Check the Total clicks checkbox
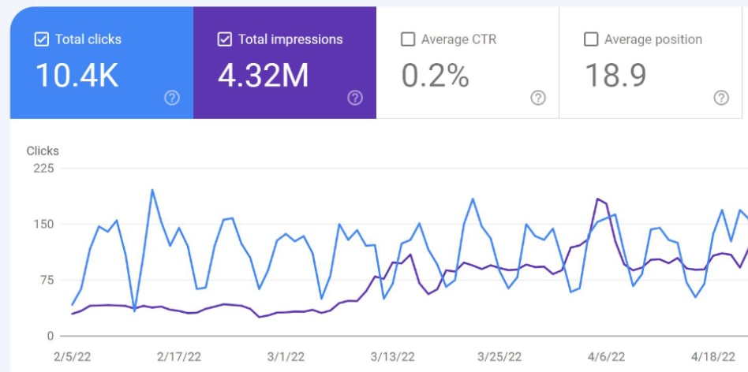[42, 39]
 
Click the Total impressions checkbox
[225, 39]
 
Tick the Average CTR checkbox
[408, 39]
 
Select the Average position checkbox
[591, 39]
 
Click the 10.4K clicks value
[77, 75]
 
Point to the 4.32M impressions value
[263, 75]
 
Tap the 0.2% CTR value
[435, 75]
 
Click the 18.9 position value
[615, 75]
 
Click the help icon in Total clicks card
[172, 98]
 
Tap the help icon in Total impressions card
[355, 98]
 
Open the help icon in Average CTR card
[538, 98]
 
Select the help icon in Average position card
[721, 98]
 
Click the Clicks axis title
[43, 151]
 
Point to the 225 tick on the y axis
[43, 168]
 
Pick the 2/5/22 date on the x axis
[72, 356]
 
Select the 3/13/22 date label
[391, 356]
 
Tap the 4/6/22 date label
[608, 356]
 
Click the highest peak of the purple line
[597, 199]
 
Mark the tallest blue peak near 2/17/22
[152, 189]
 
